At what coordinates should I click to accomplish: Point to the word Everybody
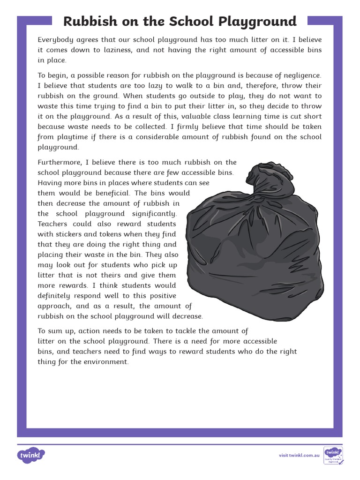tap(55, 40)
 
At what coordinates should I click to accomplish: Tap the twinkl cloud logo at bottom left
tap(31, 455)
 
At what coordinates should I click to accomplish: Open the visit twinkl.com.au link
tap(299, 455)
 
